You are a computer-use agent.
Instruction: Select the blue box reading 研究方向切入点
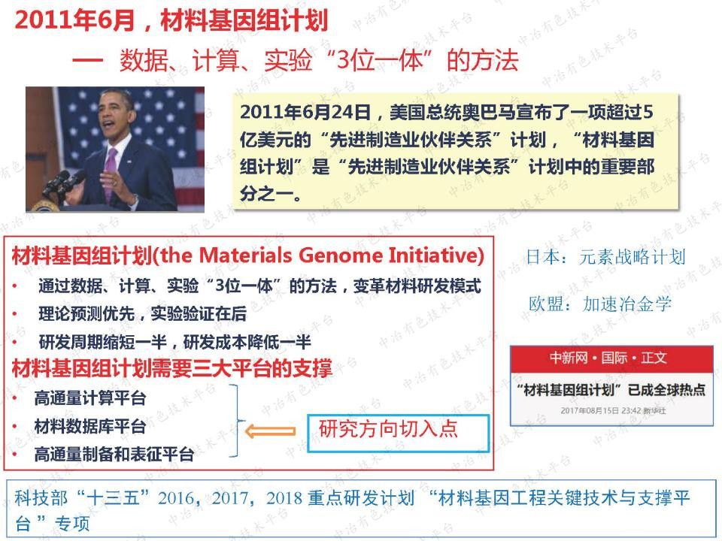(x=398, y=433)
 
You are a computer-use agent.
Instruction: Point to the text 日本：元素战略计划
(x=605, y=257)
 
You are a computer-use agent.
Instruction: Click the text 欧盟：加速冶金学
(x=599, y=304)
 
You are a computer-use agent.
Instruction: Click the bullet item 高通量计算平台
(x=90, y=398)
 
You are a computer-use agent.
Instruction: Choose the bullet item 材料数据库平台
(x=90, y=427)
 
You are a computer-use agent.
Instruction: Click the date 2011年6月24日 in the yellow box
(x=305, y=113)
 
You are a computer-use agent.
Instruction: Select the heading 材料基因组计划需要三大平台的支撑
(x=171, y=368)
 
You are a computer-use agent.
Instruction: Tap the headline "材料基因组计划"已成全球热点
(x=611, y=390)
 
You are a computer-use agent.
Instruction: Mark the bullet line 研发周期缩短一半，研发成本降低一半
(x=174, y=342)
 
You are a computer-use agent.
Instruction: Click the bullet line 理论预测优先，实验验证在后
(x=142, y=314)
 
